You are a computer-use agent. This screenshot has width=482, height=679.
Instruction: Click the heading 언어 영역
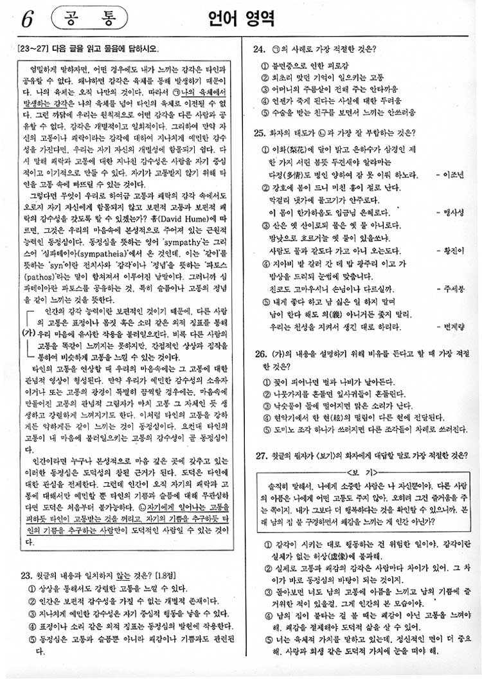click(x=241, y=19)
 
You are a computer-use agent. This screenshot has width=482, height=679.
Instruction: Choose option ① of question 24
click(x=265, y=66)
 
